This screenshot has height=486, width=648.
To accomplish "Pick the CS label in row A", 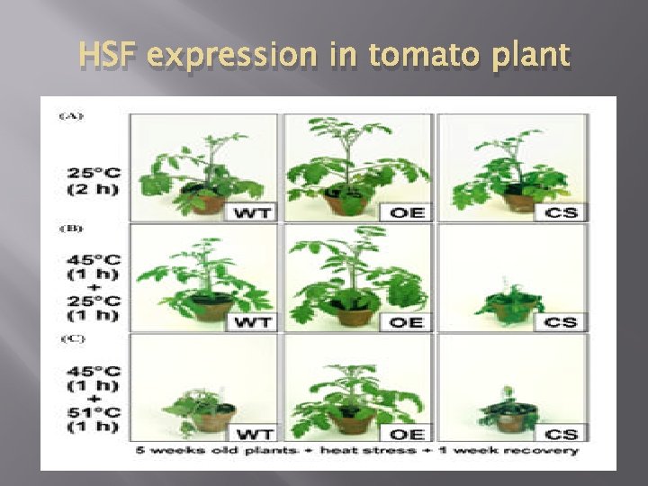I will (x=562, y=212).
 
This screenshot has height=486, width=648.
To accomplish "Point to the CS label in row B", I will (x=562, y=321).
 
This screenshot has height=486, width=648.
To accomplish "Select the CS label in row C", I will (x=562, y=433).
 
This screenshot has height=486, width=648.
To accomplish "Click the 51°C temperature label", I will (x=94, y=406).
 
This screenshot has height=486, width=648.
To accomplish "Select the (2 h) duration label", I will (x=94, y=189).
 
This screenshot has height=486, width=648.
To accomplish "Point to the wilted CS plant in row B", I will (x=511, y=301).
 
